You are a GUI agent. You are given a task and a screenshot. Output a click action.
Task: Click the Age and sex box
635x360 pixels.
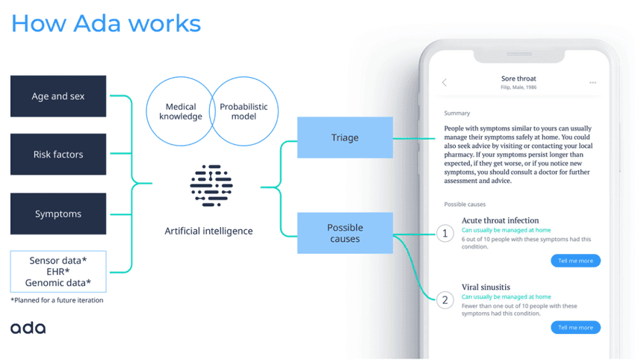(58, 96)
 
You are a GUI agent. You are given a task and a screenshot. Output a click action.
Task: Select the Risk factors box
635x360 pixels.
(58, 155)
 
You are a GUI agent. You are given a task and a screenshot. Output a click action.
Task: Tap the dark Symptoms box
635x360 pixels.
(58, 214)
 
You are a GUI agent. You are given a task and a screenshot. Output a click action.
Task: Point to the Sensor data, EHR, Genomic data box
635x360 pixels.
(58, 271)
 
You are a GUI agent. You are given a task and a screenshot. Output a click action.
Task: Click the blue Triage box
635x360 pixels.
(345, 137)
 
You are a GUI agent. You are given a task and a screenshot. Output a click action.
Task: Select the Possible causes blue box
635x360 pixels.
(345, 233)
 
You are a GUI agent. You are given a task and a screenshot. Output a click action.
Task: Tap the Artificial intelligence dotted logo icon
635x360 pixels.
(211, 187)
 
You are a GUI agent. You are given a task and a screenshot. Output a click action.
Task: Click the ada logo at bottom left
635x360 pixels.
(28, 328)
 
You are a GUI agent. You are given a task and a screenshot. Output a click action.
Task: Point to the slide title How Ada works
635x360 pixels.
(105, 23)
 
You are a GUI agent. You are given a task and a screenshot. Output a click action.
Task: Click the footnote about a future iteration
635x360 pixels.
(57, 300)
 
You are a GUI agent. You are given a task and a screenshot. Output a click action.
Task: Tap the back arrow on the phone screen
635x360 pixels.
(444, 82)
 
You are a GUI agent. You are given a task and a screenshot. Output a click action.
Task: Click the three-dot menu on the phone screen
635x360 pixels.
(592, 82)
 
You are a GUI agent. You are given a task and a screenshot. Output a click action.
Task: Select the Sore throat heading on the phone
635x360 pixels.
(518, 78)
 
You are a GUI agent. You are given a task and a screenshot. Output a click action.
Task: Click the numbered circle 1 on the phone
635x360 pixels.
(445, 234)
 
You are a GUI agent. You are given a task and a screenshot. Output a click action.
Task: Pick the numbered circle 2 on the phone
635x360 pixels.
(445, 300)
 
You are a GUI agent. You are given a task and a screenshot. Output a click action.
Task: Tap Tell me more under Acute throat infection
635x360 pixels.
(575, 261)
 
